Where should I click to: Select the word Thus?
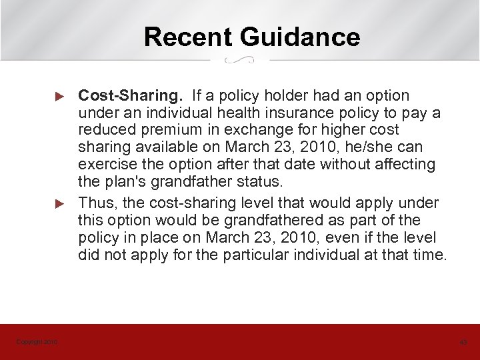pos(94,203)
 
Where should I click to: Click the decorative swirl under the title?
pos(239,60)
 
